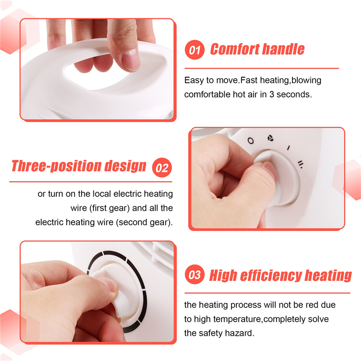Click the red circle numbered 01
[x=194, y=50]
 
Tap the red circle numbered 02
[x=162, y=167]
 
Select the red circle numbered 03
[x=194, y=274]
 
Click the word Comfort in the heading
[x=235, y=49]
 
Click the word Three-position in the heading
[x=57, y=166]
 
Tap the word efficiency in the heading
[x=271, y=275]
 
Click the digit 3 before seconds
[x=272, y=94]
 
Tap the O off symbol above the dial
[x=251, y=141]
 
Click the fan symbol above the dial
[x=270, y=139]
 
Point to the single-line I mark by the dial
[x=288, y=148]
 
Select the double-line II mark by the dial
[x=300, y=164]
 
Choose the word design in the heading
[x=125, y=166]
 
